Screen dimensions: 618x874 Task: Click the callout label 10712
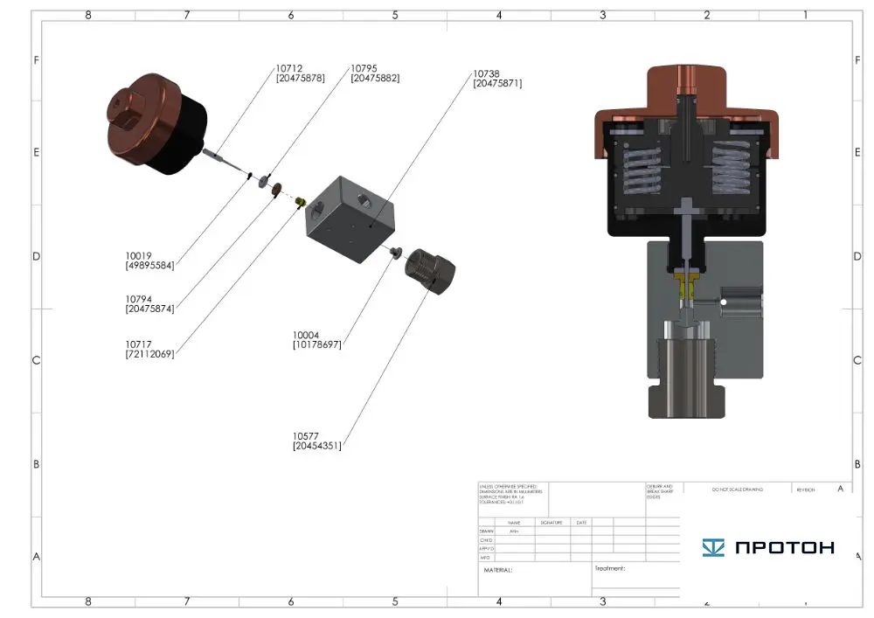coord(289,68)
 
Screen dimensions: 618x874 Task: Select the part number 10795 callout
coord(364,68)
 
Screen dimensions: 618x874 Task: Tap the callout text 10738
coord(486,74)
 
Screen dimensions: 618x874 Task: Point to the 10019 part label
coord(139,256)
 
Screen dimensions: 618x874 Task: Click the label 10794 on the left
coord(139,299)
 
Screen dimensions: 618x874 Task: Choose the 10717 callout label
coord(139,344)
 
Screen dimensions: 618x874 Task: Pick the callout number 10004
coord(307,335)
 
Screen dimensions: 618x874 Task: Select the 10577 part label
coord(307,436)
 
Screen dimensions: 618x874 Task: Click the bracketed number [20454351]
coord(317,446)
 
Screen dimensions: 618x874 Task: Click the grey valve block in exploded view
coord(350,219)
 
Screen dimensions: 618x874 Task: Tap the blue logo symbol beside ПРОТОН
coord(713,548)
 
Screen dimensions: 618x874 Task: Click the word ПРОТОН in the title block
coord(784,548)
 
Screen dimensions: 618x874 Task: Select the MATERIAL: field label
coord(498,570)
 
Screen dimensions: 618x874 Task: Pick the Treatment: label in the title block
coord(610,568)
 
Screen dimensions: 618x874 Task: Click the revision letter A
coord(840,489)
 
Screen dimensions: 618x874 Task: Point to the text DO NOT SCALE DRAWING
coord(737,490)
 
